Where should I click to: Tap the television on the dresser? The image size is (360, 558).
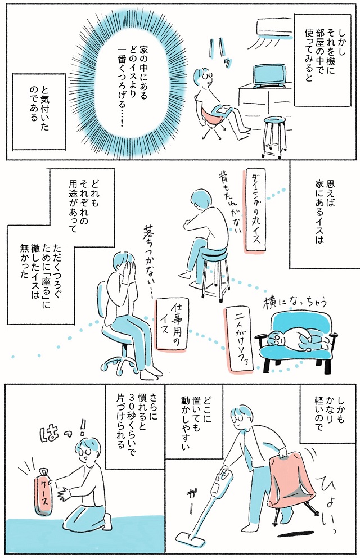(269, 76)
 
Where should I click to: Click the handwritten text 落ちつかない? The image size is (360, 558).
(147, 259)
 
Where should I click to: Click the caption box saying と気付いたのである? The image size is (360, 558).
(39, 112)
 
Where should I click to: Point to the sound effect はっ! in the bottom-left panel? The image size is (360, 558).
(64, 432)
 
